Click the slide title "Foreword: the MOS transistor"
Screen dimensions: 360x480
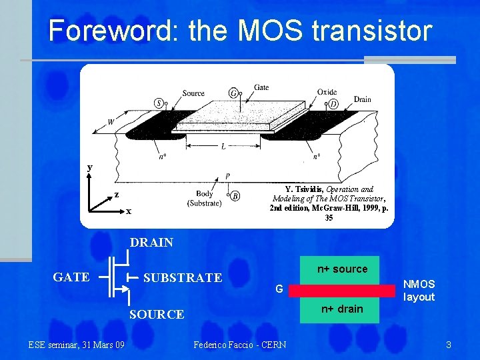click(x=240, y=31)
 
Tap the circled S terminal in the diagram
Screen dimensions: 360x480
click(x=159, y=103)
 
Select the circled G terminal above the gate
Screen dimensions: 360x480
click(x=233, y=93)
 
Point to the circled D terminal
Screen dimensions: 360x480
click(x=333, y=103)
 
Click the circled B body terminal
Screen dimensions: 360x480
click(x=235, y=195)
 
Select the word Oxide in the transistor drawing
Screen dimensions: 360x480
click(x=327, y=92)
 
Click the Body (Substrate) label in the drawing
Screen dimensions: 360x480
click(x=205, y=199)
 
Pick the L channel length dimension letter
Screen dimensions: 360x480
click(x=223, y=147)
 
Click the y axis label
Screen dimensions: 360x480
click(x=90, y=167)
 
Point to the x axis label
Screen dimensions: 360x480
click(x=129, y=211)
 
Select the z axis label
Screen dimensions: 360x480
click(x=116, y=195)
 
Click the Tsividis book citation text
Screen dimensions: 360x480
click(x=328, y=203)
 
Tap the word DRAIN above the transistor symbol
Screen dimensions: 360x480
click(x=151, y=243)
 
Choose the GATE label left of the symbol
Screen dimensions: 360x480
click(x=71, y=277)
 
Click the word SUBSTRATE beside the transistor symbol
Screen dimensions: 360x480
click(x=183, y=277)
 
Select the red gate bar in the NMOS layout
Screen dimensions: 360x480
click(x=340, y=290)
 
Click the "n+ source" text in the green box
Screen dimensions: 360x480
click(x=342, y=269)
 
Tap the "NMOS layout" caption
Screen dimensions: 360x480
click(x=419, y=291)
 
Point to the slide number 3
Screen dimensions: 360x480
click(x=449, y=345)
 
